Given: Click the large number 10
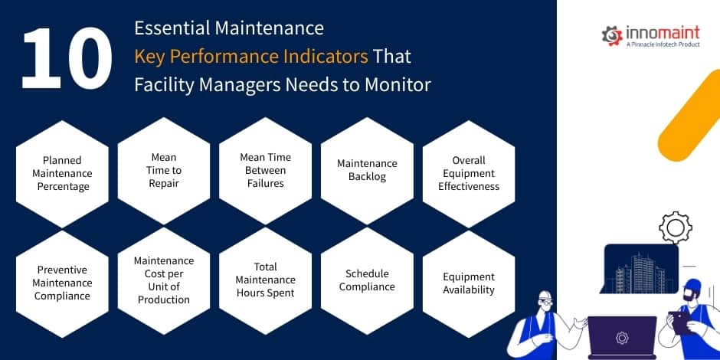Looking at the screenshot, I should (x=67, y=59).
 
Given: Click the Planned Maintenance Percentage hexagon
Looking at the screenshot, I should (x=63, y=173).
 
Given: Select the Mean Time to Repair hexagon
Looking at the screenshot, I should (x=163, y=170).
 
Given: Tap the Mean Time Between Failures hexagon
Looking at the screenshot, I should (x=265, y=170).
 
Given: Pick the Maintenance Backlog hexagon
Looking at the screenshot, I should (x=367, y=170).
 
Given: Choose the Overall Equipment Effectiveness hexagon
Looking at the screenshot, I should (x=469, y=173).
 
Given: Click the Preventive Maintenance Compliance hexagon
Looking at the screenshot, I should (x=63, y=283).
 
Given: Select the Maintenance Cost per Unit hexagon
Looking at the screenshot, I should (x=163, y=280).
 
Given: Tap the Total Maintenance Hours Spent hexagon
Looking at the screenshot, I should (x=265, y=280).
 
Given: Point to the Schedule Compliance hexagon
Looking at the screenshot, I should (x=367, y=280).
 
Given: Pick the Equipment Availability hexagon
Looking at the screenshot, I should (x=469, y=283).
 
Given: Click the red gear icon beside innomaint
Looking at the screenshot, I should (x=611, y=34).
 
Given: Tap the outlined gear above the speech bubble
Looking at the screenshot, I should (x=675, y=227).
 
